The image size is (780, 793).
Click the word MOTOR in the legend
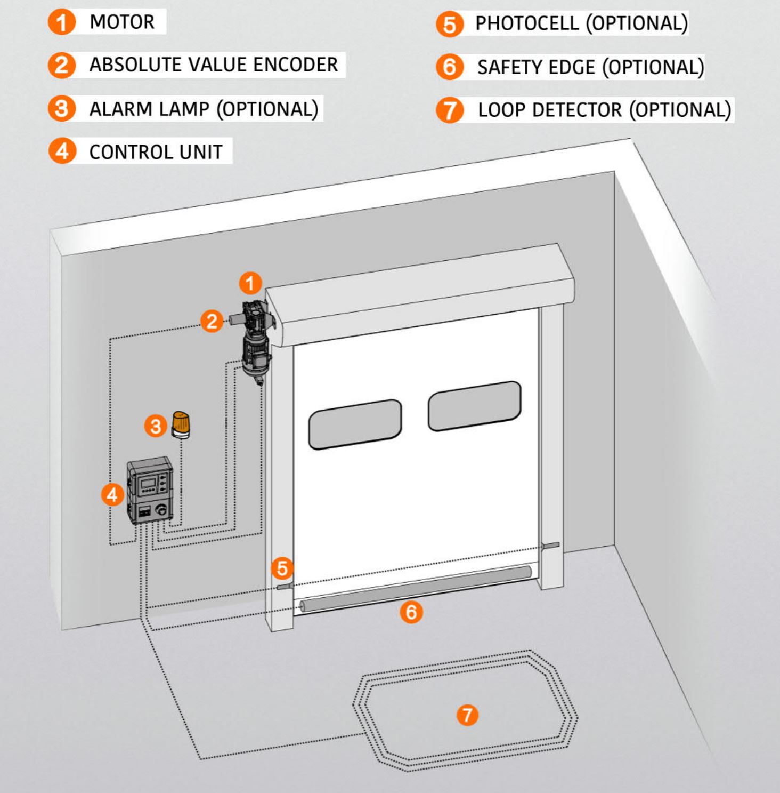pos(122,22)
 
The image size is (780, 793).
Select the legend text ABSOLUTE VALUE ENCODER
pos(213,65)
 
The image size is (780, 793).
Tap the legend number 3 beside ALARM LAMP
pos(62,108)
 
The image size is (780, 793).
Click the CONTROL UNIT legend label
pos(156,152)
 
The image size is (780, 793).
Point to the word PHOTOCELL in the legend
pos(527,23)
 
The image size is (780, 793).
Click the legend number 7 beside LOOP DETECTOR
pos(450,110)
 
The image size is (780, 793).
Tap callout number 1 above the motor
pos(250,283)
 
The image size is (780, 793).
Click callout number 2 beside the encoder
pos(212,321)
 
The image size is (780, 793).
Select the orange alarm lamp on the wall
pos(181,424)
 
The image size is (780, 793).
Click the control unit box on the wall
pos(150,490)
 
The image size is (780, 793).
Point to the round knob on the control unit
pos(160,510)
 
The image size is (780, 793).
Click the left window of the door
pos(355,424)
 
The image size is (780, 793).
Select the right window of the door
pos(474,406)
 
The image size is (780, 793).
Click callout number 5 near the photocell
pos(282,568)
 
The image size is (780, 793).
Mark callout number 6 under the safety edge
pos(411,612)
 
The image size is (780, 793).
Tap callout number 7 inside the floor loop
pos(467,715)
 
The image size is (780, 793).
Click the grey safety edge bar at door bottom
pos(416,589)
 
